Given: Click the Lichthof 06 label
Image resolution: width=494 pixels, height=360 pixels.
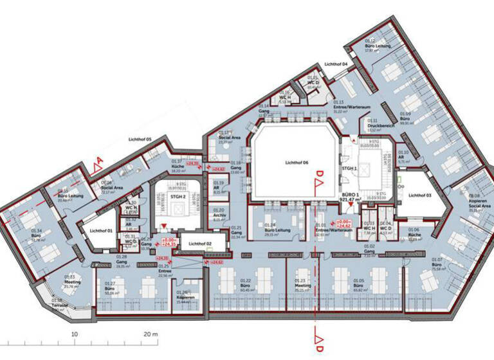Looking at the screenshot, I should [x=297, y=164].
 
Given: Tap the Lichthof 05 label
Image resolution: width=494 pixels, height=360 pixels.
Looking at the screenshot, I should [x=140, y=139].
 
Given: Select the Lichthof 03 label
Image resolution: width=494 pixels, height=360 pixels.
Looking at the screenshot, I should [x=419, y=195].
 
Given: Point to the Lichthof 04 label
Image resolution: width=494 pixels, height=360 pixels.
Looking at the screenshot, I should [x=336, y=64].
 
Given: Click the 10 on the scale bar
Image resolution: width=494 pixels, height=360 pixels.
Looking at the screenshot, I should [x=75, y=334].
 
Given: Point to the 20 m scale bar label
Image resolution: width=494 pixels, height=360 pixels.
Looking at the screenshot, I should [x=151, y=334].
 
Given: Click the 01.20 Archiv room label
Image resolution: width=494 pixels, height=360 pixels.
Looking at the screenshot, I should [x=219, y=215].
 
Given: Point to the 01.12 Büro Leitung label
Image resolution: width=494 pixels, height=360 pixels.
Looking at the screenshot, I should [x=375, y=46].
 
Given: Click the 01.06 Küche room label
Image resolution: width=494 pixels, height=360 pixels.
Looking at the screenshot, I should [x=414, y=233].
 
